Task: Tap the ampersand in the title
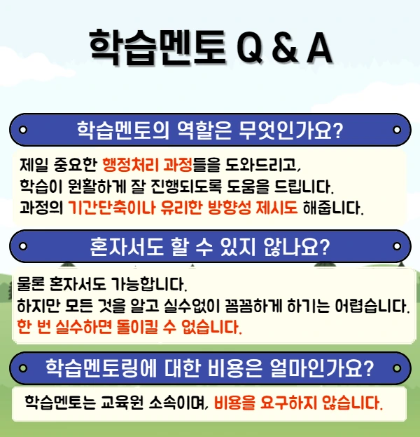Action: [x=276, y=47]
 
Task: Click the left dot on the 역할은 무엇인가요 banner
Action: [x=22, y=130]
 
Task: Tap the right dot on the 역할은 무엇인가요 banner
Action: [x=397, y=130]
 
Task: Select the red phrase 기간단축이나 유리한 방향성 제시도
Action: [x=183, y=208]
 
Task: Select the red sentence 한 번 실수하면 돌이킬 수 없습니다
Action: [x=129, y=328]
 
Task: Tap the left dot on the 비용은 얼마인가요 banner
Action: [x=22, y=367]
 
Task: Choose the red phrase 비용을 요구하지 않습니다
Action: [x=299, y=403]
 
